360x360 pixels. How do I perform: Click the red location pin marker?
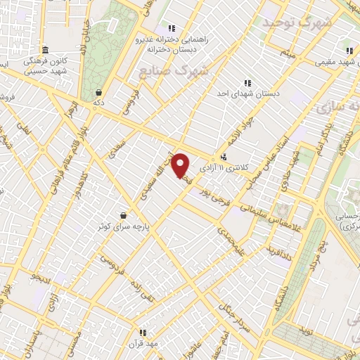[x=181, y=165]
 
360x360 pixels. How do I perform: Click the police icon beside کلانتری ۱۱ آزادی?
[x=224, y=157]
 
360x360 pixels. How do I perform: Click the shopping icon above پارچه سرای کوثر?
[x=124, y=215]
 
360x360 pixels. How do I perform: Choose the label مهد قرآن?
[x=143, y=343]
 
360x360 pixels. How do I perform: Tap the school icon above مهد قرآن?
[x=143, y=333]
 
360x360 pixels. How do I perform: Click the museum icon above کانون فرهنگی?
[x=46, y=50]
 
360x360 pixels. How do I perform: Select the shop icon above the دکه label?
[x=99, y=92]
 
